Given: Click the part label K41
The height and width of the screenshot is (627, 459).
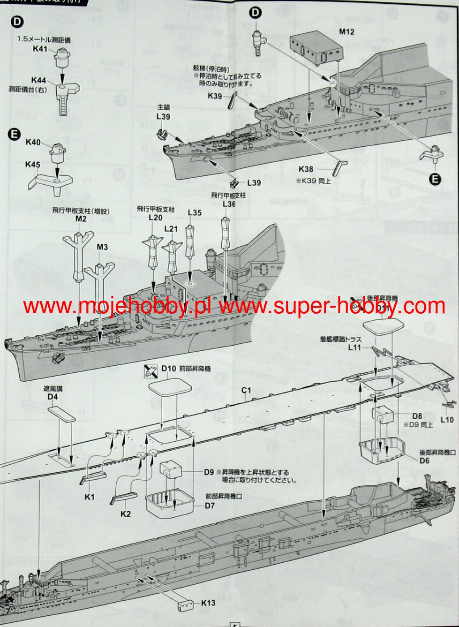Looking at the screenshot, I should click(x=40, y=49).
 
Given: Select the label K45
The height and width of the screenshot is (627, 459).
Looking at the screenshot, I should click(x=33, y=164).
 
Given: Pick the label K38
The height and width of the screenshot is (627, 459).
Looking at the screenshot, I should click(x=307, y=169).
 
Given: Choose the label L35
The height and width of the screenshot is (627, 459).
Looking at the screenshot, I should click(x=195, y=213).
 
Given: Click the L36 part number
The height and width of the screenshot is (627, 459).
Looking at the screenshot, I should click(x=228, y=204).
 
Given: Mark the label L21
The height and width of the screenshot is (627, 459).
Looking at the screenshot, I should click(x=172, y=228).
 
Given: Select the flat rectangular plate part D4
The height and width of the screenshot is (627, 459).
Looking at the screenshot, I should click(x=61, y=414).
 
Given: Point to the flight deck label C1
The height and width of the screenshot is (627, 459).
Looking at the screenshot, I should click(x=247, y=390).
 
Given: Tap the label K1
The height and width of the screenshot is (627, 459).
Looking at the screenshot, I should click(x=90, y=497).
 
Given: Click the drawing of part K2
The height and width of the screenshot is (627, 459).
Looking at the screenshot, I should click(x=124, y=497).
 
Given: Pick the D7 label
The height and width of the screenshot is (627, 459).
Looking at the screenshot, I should click(x=209, y=506).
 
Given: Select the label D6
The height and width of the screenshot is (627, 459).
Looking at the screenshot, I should click(x=424, y=461).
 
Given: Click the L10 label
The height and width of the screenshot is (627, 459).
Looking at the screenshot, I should click(x=447, y=420).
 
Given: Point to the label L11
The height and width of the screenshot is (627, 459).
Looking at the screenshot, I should click(x=355, y=347).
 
